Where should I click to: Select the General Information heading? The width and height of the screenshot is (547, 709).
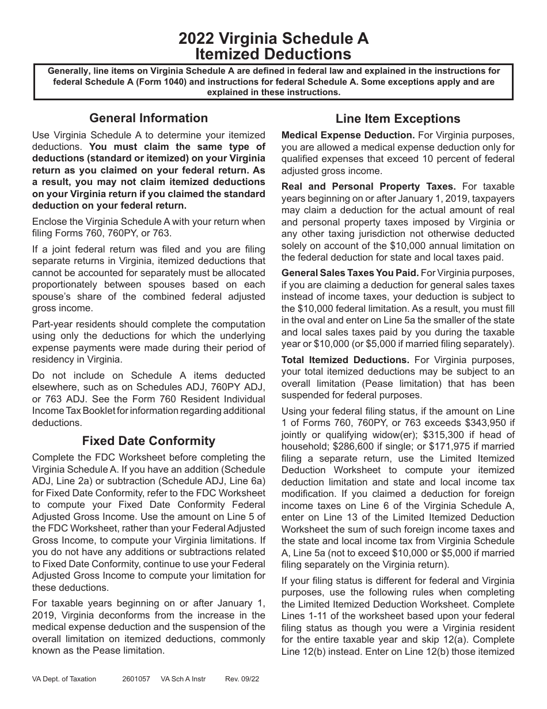[149, 118]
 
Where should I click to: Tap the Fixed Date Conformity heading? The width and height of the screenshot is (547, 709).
[149, 441]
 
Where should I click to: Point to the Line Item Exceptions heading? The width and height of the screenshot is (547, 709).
[398, 119]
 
